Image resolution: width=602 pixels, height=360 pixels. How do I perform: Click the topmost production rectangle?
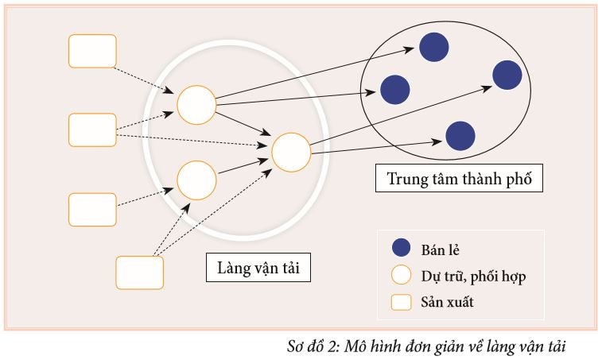pos(93,51)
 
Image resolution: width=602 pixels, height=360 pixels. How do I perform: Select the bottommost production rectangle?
pos(140,273)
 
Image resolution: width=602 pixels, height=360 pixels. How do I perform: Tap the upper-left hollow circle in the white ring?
pos(196,105)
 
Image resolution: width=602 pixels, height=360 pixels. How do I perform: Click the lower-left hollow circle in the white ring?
pos(196,180)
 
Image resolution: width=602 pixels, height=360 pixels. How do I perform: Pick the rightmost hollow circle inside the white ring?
pos(291,151)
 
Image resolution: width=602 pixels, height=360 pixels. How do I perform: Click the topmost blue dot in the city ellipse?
pos(433,47)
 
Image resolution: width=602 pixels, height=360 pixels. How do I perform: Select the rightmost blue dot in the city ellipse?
pos(507,75)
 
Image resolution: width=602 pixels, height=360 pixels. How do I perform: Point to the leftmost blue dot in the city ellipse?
pos(394,89)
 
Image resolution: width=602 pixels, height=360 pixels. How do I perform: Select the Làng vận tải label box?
pos(258,267)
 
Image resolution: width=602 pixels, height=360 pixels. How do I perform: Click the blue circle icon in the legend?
pos(402,248)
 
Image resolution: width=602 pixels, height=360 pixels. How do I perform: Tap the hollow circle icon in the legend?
pos(402,276)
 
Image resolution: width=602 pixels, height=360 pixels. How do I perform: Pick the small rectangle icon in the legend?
pos(402,302)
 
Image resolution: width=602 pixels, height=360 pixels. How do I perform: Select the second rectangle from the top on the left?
pos(93,130)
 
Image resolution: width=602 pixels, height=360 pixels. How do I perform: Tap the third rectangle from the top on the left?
pos(93,209)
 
